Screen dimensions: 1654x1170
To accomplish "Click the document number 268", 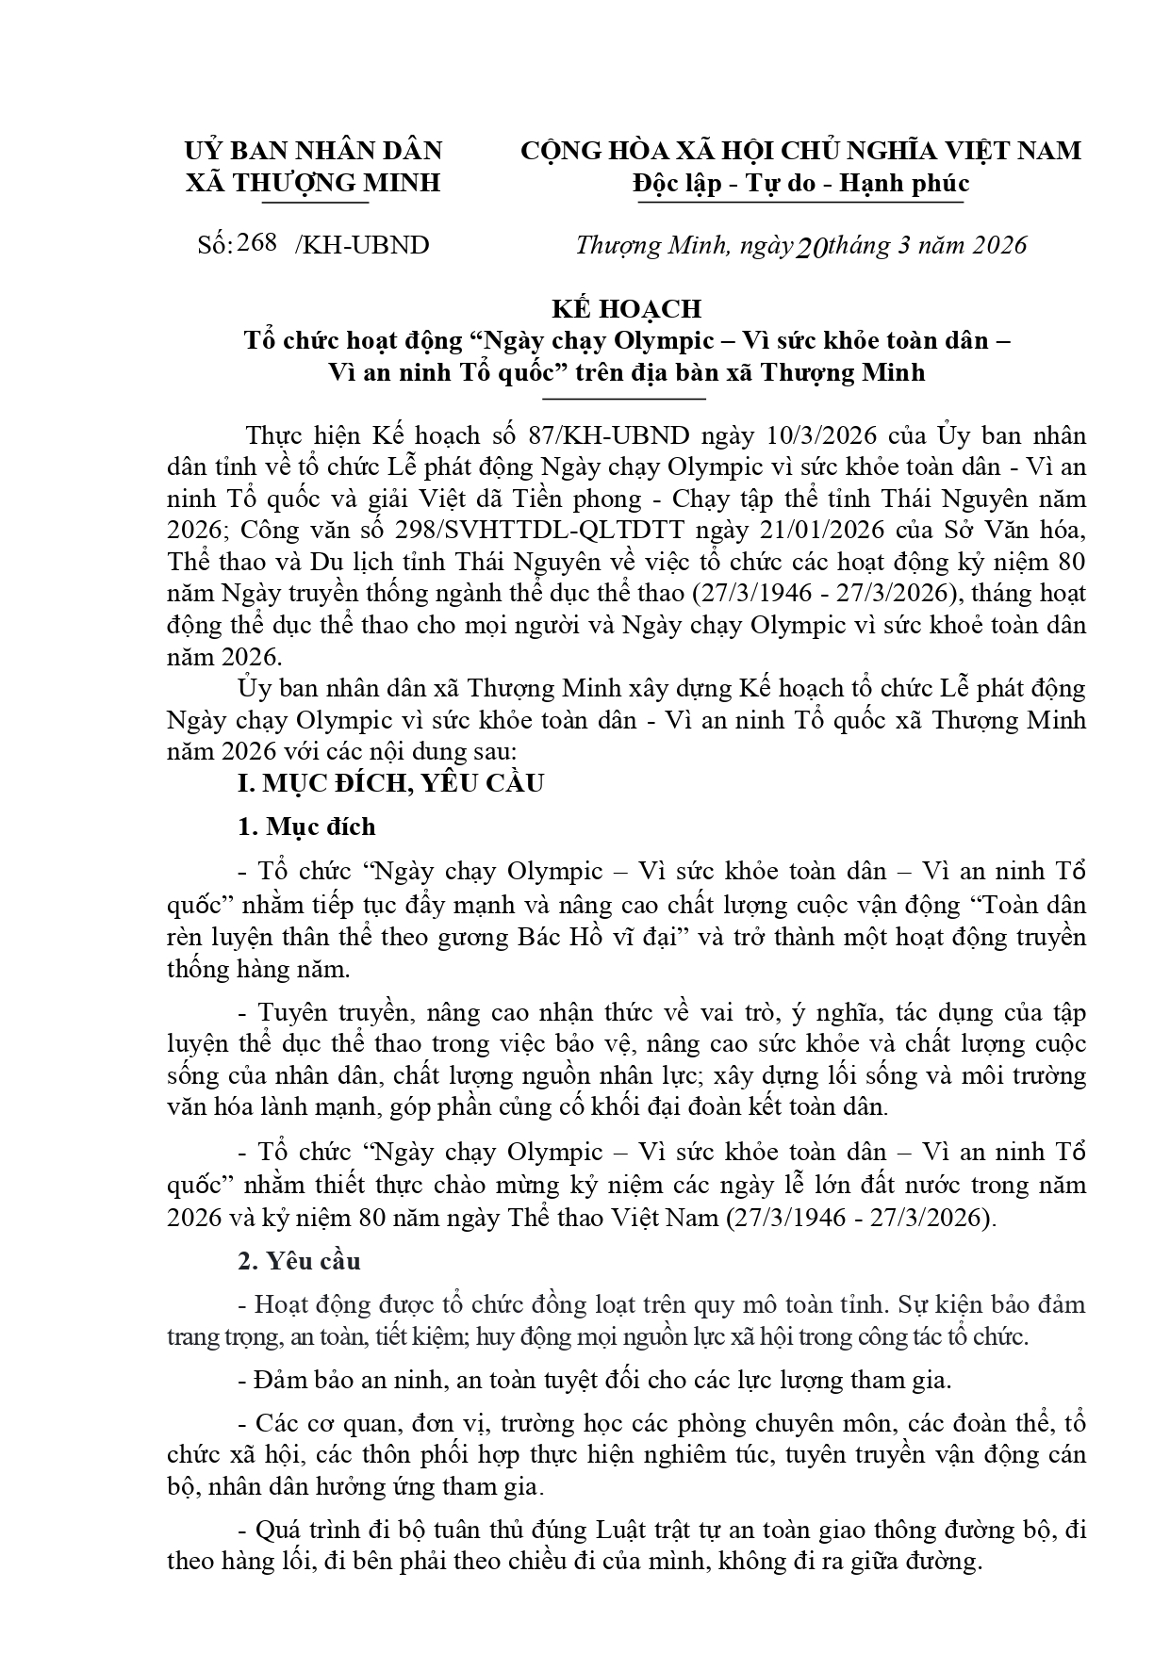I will click(x=257, y=242).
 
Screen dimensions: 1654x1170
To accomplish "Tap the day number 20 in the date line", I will click(x=812, y=247).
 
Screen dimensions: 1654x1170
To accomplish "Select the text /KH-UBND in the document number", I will click(x=362, y=245).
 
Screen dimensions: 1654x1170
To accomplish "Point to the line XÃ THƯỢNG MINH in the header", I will click(x=313, y=182).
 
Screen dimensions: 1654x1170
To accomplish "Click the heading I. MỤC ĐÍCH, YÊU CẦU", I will click(x=390, y=783).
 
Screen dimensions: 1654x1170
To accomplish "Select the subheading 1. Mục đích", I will click(x=306, y=827).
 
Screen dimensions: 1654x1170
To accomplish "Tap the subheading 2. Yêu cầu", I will click(x=299, y=1261).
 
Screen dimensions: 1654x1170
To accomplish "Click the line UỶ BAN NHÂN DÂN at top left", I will click(x=313, y=151).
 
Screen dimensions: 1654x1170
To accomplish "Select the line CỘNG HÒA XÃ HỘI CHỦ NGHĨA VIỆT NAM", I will click(x=800, y=151).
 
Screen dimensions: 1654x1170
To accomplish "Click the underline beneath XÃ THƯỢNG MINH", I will click(x=313, y=201).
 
